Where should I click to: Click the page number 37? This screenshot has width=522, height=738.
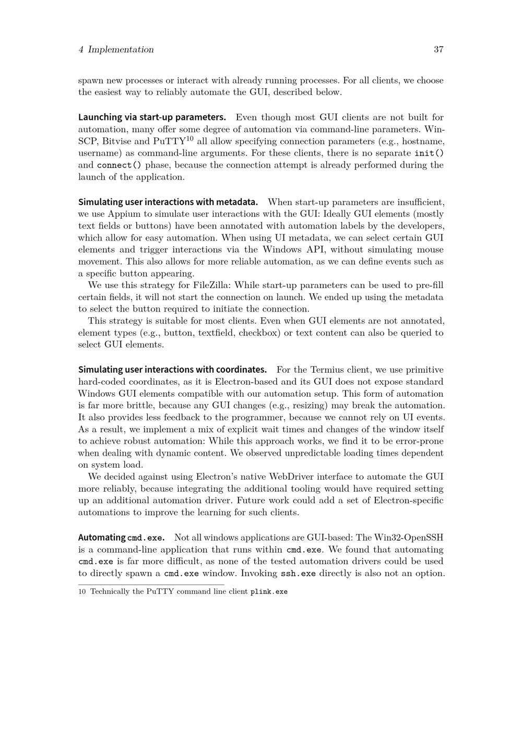tap(438, 50)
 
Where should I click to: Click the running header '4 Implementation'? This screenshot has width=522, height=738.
tap(116, 50)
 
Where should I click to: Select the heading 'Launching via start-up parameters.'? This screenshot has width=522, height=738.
tap(152, 117)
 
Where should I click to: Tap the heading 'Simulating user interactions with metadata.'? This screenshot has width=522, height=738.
tap(168, 202)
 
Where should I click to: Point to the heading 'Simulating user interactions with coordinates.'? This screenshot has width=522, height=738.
tap(172, 370)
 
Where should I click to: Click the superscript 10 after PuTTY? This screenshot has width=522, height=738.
tap(189, 138)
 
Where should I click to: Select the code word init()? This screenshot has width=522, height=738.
tap(429, 153)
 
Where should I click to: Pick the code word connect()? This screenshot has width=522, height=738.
tap(119, 165)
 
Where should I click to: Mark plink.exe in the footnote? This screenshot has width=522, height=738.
tap(269, 592)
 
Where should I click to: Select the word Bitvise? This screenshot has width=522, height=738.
tap(117, 141)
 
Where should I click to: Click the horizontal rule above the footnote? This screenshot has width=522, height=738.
tap(151, 585)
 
